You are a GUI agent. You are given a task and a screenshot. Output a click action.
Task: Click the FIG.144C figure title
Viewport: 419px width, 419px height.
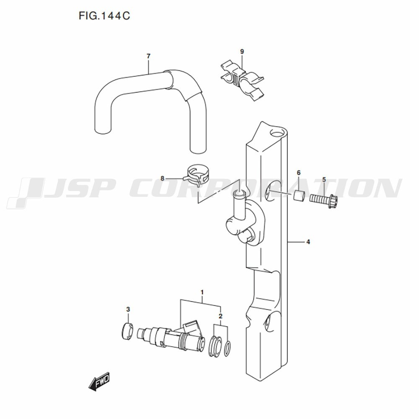[104, 16]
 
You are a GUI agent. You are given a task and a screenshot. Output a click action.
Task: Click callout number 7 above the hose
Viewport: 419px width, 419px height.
[149, 56]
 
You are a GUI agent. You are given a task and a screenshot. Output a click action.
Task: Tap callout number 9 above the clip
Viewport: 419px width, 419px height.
[242, 52]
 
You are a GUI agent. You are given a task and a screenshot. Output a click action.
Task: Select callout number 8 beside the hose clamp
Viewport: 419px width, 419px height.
[162, 178]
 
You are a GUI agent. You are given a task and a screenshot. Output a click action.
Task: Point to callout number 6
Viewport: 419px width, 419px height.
[299, 173]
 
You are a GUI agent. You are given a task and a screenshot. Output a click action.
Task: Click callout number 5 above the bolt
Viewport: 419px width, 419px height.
[324, 180]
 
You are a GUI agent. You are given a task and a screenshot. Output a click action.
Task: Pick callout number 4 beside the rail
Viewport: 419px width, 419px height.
[308, 242]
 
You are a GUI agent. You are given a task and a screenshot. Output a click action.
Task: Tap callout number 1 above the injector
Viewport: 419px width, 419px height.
[202, 292]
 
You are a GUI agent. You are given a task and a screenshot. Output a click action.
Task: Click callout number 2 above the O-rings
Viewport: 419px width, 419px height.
[220, 316]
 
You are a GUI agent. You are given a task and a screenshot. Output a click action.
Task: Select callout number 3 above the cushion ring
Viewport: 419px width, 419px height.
[128, 310]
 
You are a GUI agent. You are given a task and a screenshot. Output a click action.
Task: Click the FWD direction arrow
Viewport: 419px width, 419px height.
[99, 381]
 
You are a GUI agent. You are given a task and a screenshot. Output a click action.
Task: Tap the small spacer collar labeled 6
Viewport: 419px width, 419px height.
[299, 196]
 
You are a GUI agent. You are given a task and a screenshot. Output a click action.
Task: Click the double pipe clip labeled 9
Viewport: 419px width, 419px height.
[242, 81]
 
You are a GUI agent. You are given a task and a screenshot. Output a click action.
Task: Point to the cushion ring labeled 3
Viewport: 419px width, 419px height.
[127, 331]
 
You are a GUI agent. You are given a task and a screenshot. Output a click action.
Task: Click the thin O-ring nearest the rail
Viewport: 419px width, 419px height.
[228, 349]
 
